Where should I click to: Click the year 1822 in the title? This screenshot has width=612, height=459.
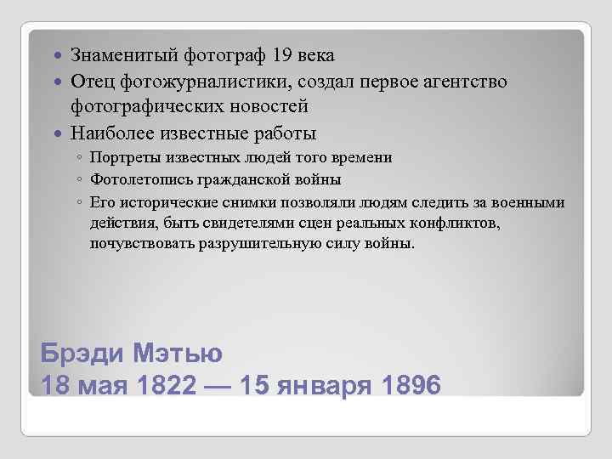(x=165, y=385)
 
